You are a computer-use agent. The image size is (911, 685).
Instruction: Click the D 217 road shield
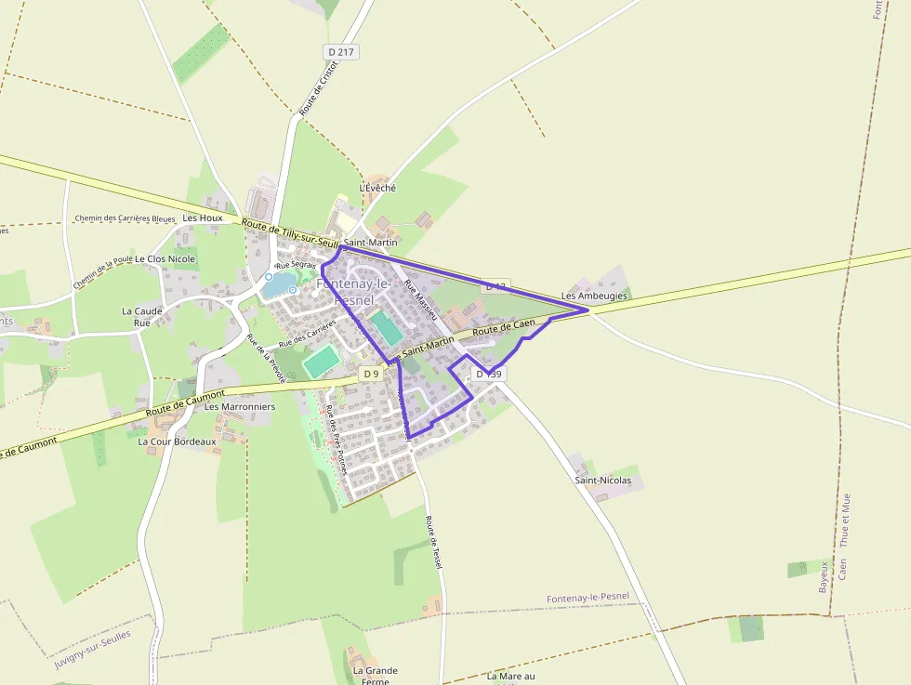click(x=341, y=52)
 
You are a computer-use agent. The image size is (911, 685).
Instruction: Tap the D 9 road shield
click(x=371, y=374)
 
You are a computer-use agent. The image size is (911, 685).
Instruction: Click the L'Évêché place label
click(x=377, y=188)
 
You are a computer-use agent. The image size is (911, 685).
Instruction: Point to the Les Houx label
click(x=203, y=217)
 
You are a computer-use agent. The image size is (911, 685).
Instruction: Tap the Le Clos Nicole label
click(x=165, y=258)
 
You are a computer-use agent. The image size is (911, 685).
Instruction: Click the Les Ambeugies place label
click(x=594, y=296)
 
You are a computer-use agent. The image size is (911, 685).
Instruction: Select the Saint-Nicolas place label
click(x=602, y=481)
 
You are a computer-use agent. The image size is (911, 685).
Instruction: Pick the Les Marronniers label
click(x=240, y=406)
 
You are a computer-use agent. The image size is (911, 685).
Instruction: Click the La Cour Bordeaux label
click(x=177, y=441)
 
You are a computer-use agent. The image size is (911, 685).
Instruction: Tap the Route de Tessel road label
click(x=433, y=543)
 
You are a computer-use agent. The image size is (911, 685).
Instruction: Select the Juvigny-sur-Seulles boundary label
click(x=92, y=649)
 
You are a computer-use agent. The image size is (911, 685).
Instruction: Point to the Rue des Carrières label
click(x=306, y=334)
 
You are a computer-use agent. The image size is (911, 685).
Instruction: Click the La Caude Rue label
click(x=141, y=317)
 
